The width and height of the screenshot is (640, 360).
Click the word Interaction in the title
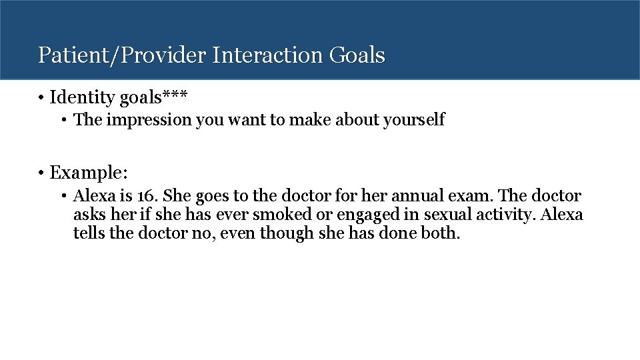(x=268, y=55)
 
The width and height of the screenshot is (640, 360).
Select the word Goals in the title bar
(x=357, y=55)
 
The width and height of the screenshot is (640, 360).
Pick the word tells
(x=89, y=235)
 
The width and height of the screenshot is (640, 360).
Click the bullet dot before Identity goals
(x=41, y=98)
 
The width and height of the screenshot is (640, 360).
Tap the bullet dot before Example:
(x=41, y=173)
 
